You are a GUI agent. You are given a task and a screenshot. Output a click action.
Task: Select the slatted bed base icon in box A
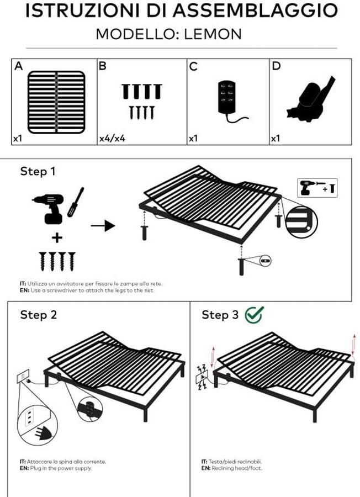click(56, 102)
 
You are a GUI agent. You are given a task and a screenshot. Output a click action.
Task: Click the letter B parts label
click(102, 66)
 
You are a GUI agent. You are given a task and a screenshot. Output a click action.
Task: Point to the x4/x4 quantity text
click(112, 138)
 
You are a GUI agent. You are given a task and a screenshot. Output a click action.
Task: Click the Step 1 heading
click(38, 171)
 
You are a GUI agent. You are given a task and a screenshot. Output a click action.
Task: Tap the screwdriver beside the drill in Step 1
click(76, 202)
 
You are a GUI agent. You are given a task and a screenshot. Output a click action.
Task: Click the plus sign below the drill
click(57, 238)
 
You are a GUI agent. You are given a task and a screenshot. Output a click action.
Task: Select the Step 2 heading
click(38, 315)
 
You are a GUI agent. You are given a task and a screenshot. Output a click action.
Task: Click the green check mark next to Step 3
click(254, 314)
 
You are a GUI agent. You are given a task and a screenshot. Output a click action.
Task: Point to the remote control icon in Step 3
click(202, 377)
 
